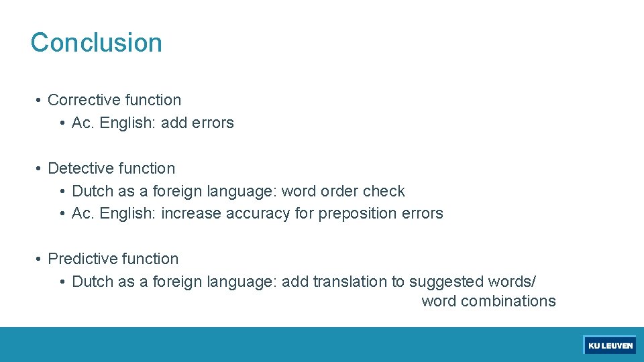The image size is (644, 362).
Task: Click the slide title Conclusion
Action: coord(96,42)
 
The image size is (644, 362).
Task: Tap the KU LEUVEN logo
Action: coord(610,345)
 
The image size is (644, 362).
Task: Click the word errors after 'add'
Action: coord(213,123)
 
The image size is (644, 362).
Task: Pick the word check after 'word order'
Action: coord(384,191)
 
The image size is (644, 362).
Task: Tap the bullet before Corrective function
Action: coord(40,101)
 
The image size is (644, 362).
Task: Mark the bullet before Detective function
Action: coord(40,169)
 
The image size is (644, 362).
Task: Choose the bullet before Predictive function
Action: coord(40,259)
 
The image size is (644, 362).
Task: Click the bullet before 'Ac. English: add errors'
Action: coord(63,123)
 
